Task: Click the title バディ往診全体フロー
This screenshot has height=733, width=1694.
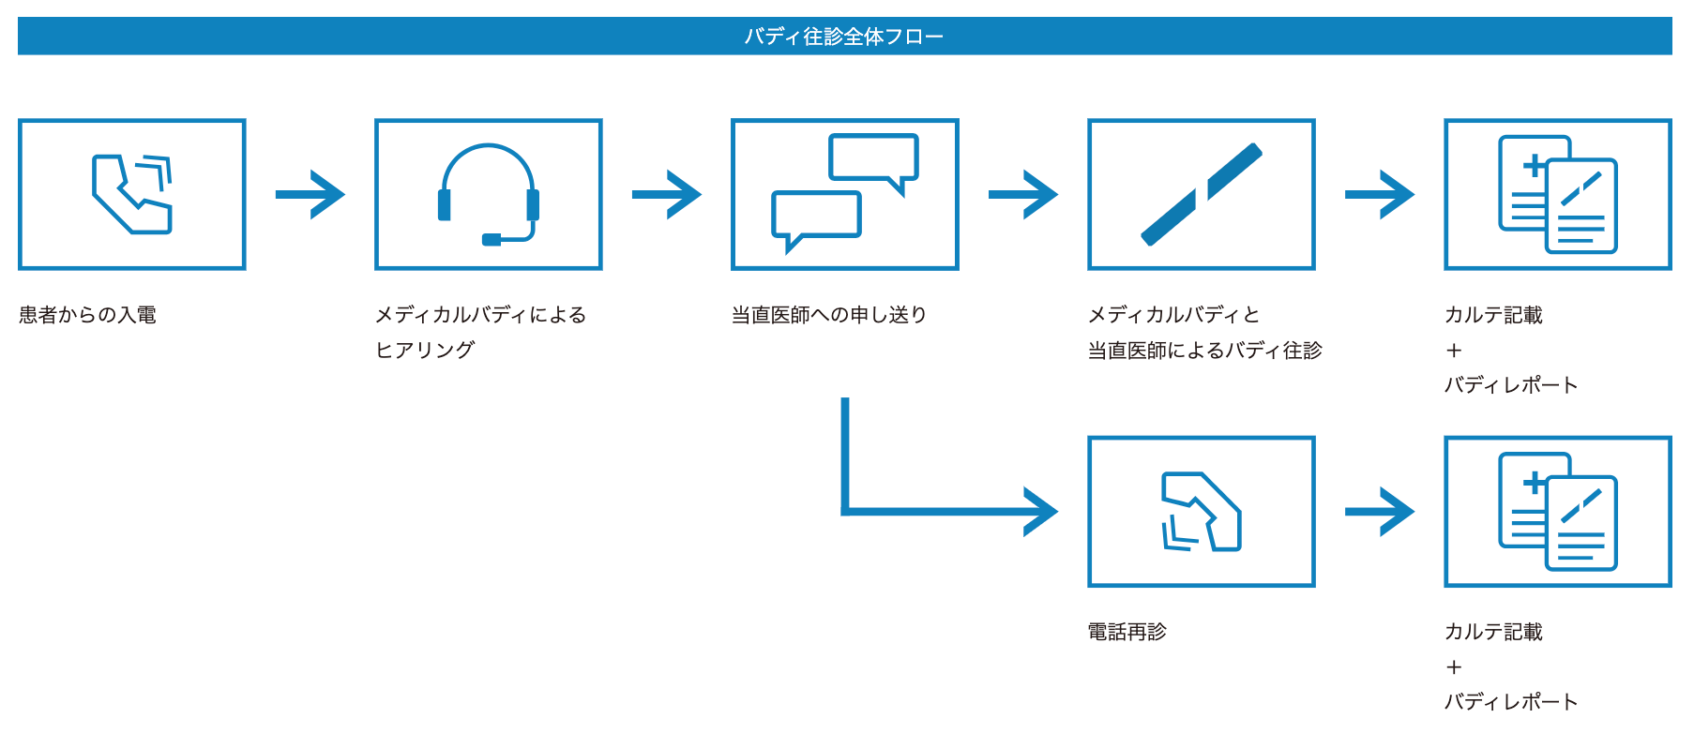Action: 843,37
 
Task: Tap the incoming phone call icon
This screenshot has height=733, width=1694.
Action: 132,194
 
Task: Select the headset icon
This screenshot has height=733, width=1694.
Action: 488,194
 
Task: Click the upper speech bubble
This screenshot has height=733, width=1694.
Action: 873,159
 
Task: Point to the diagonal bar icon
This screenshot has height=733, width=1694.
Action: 1201,194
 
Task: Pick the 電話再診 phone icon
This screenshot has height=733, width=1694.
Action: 1201,512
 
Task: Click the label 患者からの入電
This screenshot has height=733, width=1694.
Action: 87,315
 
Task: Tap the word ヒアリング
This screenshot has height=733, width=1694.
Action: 425,350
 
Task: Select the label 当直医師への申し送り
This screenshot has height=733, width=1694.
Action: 829,315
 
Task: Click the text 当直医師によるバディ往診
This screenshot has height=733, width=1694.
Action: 1204,351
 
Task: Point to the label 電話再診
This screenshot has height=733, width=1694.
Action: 1127,632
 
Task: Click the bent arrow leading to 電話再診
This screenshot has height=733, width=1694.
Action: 938,511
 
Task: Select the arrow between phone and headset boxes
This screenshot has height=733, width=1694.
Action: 310,194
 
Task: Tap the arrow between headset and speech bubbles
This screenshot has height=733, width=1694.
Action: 666,194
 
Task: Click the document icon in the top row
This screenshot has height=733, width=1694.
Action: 1557,194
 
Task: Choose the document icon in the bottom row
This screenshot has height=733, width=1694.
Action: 1557,512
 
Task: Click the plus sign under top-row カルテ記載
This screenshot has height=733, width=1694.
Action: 1454,351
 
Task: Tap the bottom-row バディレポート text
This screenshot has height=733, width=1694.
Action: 1510,701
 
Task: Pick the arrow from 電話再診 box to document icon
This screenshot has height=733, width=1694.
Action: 1379,512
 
